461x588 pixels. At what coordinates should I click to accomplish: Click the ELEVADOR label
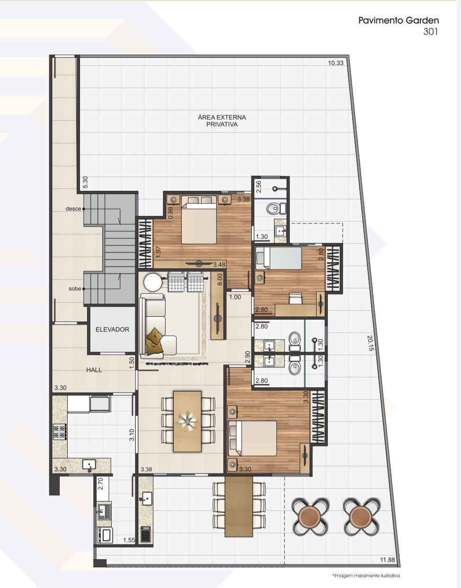point(112,330)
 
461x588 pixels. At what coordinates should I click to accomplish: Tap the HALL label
point(94,370)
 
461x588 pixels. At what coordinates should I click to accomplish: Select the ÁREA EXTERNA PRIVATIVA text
point(222,121)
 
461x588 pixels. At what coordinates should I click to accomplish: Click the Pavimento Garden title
point(399,20)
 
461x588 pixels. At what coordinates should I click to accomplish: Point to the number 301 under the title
point(430,32)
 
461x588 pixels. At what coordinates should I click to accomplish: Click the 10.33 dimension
point(336,63)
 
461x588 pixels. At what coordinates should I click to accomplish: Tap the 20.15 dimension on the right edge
point(371,343)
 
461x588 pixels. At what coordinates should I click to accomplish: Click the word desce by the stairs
point(73,209)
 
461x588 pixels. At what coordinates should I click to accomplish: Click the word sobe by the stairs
point(75,289)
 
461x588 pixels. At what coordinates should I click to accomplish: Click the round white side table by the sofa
point(153,282)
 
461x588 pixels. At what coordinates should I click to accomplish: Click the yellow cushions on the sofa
point(154,340)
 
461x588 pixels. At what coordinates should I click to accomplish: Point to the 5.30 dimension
point(85,182)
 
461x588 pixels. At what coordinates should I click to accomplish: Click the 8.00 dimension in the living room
point(220,279)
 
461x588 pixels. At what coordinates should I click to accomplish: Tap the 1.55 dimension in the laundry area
point(129,533)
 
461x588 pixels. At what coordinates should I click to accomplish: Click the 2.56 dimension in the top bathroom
point(258,187)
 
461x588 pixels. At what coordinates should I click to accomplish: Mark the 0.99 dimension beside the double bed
point(170,213)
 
